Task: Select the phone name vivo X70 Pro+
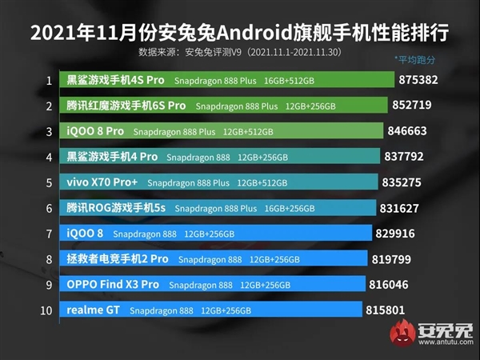point(101,182)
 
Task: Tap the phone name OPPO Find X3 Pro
point(113,285)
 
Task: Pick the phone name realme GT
point(93,310)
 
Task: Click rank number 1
point(49,81)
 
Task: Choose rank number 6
point(49,208)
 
